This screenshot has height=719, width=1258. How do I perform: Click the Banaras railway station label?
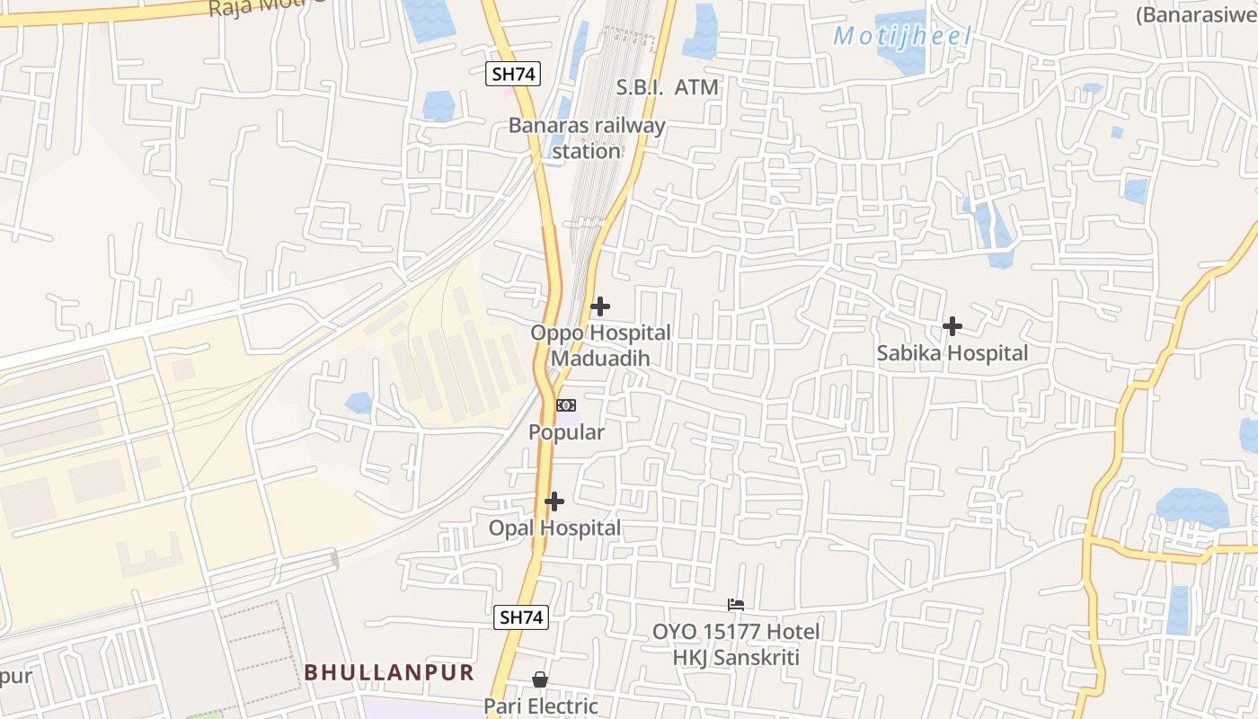(587, 138)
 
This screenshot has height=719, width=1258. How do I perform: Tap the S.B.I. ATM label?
(668, 87)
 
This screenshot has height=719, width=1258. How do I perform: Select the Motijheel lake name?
(902, 37)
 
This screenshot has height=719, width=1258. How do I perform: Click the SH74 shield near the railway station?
(514, 74)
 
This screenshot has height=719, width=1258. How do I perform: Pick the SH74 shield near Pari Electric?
(521, 617)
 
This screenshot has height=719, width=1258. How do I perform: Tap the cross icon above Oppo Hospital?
(599, 306)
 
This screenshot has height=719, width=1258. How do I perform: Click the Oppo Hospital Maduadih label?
(600, 345)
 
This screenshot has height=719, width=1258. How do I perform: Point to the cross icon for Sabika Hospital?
(952, 326)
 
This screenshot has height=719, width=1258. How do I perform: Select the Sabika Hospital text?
(952, 353)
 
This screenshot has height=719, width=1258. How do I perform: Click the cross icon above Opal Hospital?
(554, 502)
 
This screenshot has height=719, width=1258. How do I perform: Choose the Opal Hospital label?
(554, 528)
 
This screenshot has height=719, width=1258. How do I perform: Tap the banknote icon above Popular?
(566, 405)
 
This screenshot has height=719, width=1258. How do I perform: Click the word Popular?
(566, 432)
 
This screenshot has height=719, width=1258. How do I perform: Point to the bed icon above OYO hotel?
(736, 605)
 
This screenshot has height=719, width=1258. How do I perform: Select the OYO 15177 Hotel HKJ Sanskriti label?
(736, 644)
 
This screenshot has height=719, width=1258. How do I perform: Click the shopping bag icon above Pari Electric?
(540, 679)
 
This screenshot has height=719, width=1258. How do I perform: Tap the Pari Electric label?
(541, 706)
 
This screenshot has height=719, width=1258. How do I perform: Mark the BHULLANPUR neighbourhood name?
(388, 672)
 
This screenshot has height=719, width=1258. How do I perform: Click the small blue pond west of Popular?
(359, 403)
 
